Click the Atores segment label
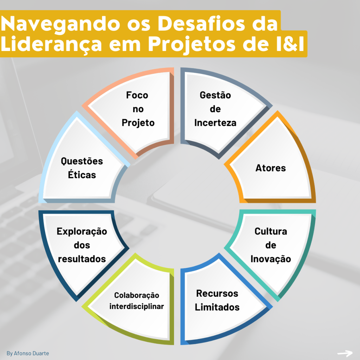tap(271, 168)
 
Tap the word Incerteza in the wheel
tap(215, 123)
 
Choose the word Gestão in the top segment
tap(215, 95)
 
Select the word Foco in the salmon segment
tap(137, 95)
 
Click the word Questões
tap(82, 161)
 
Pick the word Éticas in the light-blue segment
tap(82, 175)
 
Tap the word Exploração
tap(82, 231)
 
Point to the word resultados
tap(82, 259)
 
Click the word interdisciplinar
tap(137, 306)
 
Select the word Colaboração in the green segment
tap(137, 295)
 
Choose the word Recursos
tap(217, 293)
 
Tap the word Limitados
tap(217, 307)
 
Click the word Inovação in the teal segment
tap(271, 259)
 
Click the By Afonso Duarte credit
tap(28, 353)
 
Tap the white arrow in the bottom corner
tap(345, 353)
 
